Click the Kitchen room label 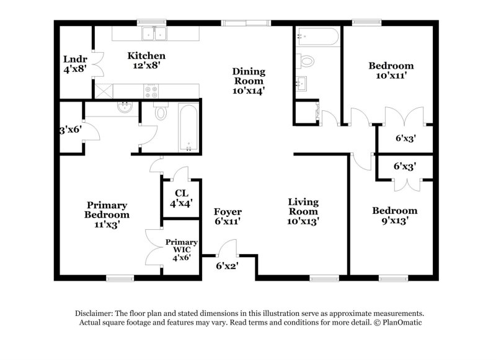147,59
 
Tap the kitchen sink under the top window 151,34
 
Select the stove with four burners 151,91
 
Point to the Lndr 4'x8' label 75,64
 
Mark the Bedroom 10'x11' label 391,71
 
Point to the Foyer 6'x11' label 228,216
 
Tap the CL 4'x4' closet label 181,197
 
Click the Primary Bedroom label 107,214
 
